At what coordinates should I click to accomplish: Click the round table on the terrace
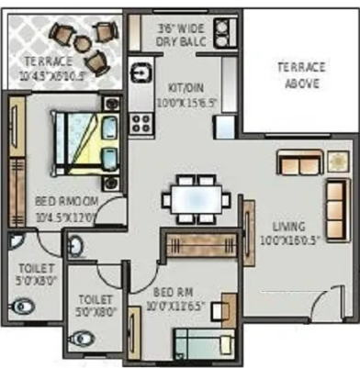pyautogui.click(x=80, y=39)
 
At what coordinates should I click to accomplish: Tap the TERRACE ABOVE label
pyautogui.click(x=300, y=75)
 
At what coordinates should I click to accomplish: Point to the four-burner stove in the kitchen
pyautogui.click(x=141, y=120)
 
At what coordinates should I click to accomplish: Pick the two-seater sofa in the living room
pyautogui.click(x=300, y=163)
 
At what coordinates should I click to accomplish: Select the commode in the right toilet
pyautogui.click(x=84, y=338)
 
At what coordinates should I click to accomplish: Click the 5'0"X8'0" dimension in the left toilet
pyautogui.click(x=35, y=283)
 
